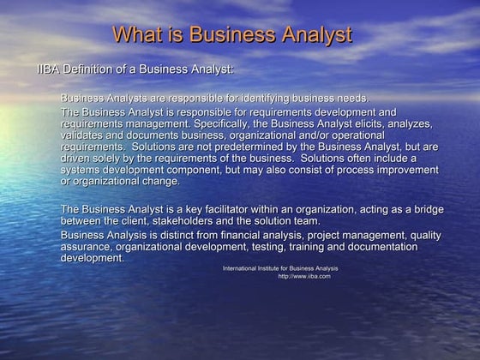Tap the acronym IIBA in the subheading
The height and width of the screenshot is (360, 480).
(x=49, y=69)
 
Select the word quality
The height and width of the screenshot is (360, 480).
(x=402, y=236)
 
